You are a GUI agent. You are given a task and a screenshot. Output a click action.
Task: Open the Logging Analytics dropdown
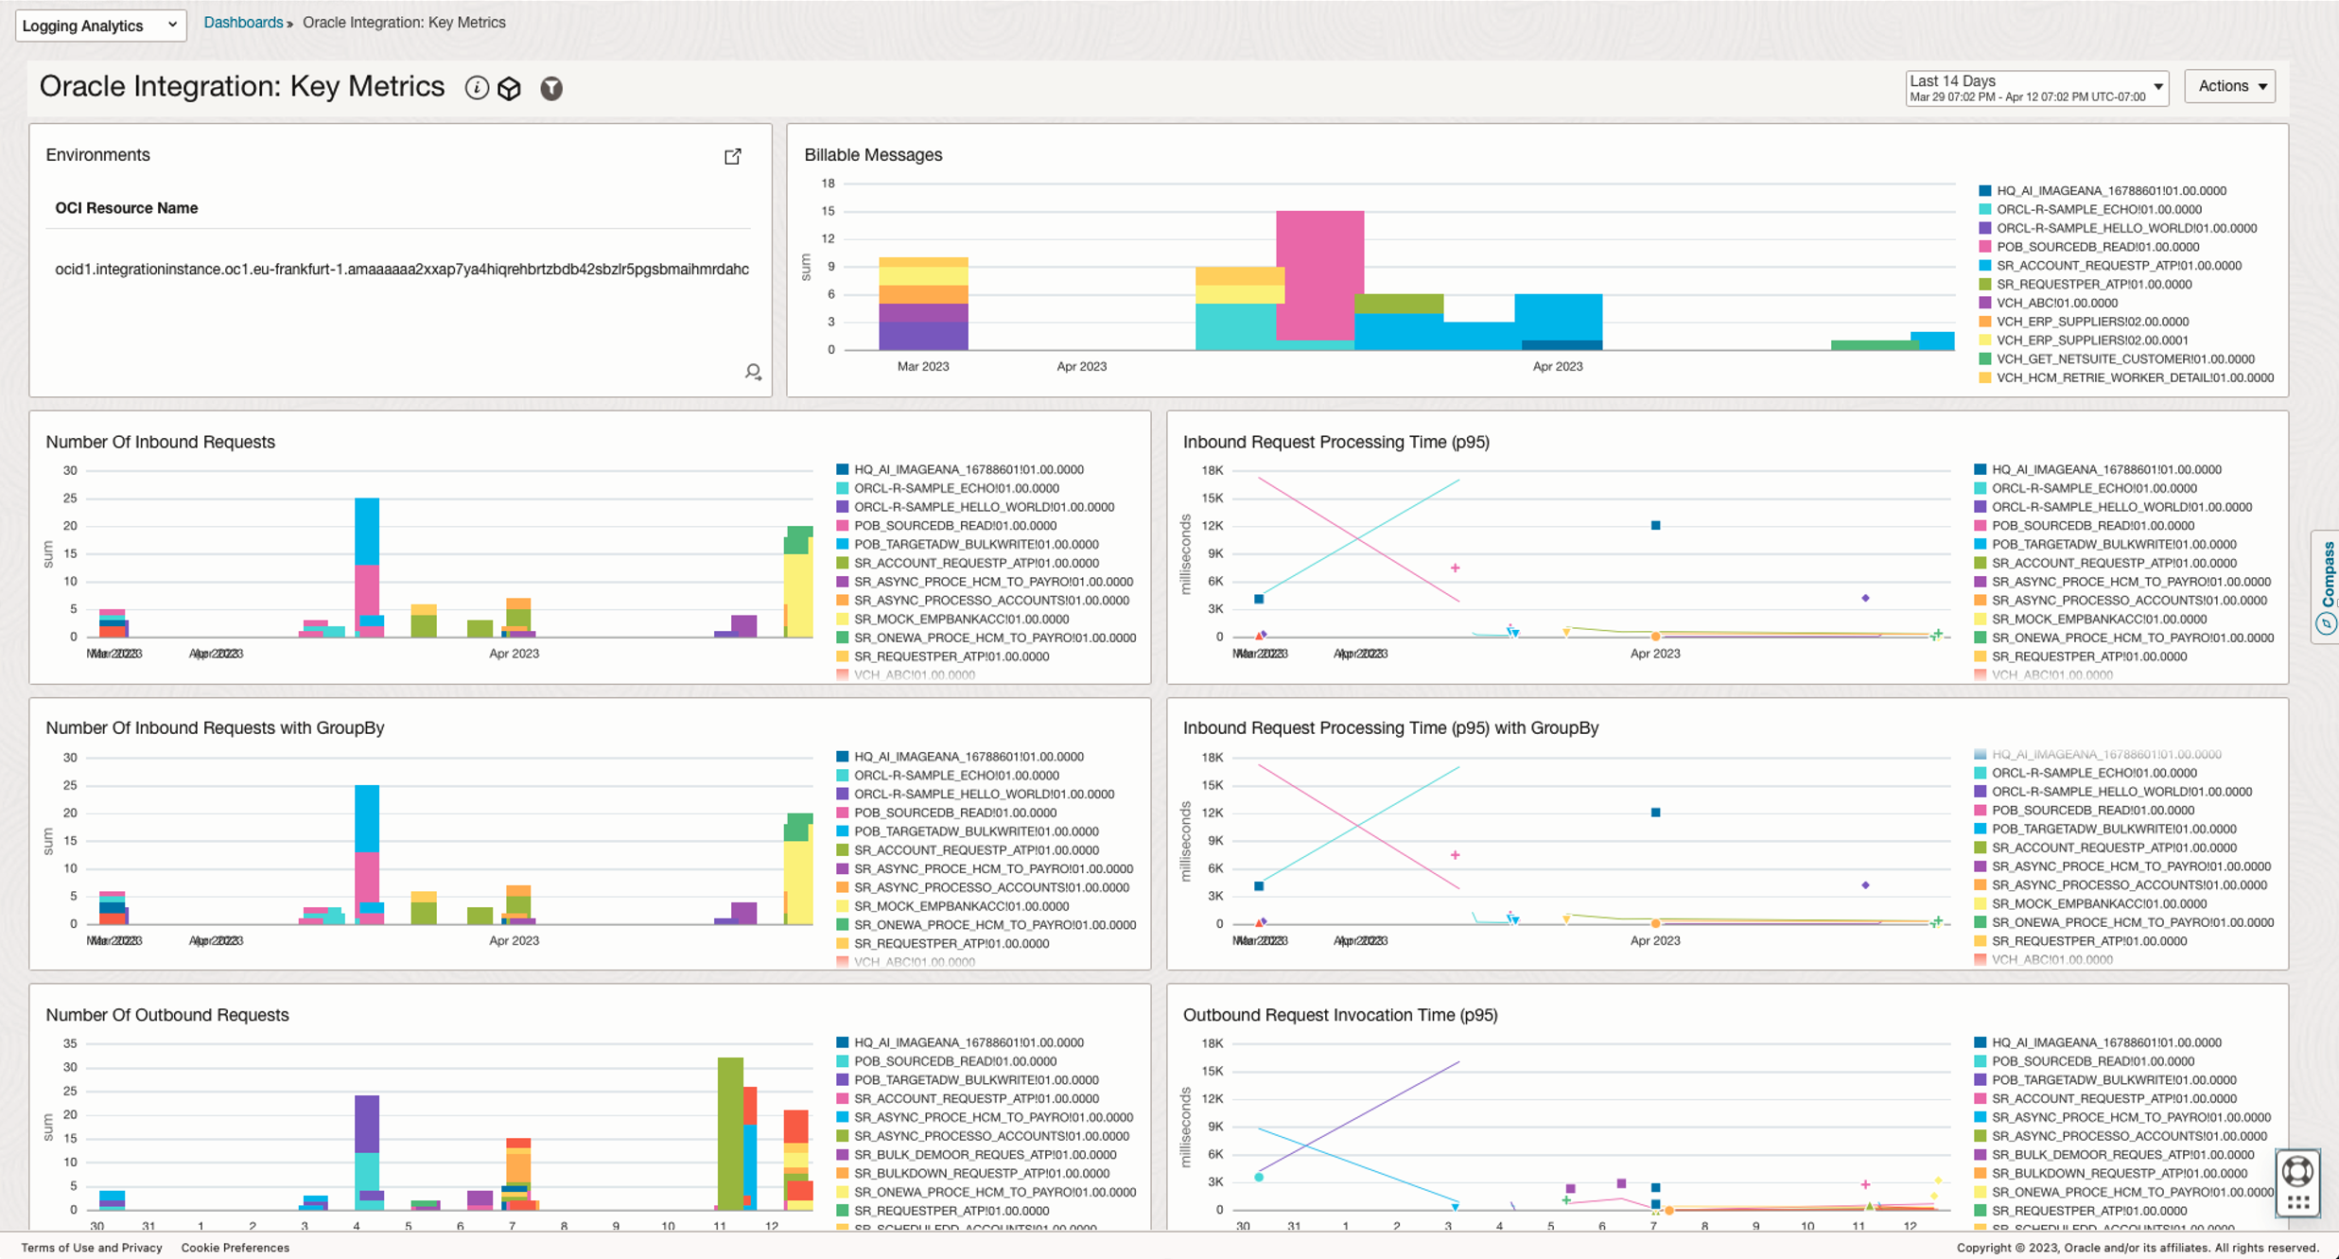point(100,25)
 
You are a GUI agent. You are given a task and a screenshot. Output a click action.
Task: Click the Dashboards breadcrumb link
point(243,22)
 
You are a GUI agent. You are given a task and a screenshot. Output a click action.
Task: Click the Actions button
point(2229,86)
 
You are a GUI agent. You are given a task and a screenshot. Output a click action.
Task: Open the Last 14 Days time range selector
point(2035,88)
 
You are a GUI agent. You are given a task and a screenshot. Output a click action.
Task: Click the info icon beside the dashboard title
point(477,88)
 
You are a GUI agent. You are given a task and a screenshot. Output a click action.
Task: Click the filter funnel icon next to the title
point(551,88)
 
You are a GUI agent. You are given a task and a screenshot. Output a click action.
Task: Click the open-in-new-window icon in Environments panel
point(733,156)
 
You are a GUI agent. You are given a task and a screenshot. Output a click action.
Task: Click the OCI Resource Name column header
point(126,208)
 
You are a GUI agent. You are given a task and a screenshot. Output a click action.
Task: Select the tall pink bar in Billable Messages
point(1319,274)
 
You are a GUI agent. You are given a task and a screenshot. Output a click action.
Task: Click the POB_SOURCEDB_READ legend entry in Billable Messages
point(2097,247)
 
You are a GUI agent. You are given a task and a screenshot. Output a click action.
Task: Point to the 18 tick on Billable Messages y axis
point(829,184)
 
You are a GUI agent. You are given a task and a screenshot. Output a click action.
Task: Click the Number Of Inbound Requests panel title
point(160,442)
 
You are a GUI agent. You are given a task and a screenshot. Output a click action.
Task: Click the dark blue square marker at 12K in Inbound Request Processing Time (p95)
point(1655,525)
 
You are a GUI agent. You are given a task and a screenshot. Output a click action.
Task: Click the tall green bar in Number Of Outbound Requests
point(729,1130)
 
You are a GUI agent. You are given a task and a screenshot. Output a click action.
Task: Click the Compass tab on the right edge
point(2326,586)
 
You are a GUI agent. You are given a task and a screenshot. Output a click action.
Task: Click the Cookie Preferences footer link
point(235,1248)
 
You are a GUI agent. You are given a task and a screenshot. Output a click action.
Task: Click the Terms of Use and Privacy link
point(91,1248)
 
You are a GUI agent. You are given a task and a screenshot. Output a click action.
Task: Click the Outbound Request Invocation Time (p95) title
point(1339,1015)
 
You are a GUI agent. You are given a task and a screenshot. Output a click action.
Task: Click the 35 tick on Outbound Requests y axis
point(70,1044)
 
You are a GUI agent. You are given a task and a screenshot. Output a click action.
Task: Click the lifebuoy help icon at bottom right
point(2297,1171)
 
